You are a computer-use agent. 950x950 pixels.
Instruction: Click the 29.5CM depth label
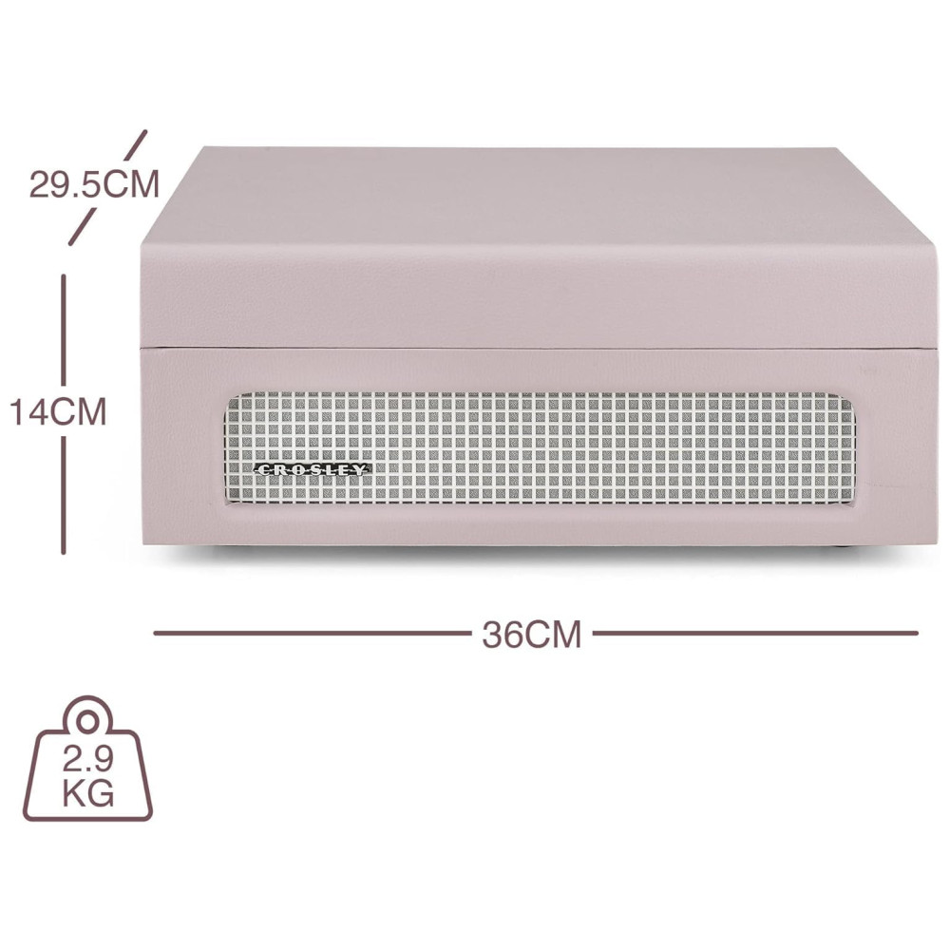94,184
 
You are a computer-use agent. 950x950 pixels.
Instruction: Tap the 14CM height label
58,412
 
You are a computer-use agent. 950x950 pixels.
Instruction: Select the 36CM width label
531,635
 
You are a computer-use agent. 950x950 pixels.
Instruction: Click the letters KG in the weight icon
87,792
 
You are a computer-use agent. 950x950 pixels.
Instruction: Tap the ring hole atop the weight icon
87,721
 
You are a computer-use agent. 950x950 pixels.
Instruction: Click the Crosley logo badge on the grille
311,469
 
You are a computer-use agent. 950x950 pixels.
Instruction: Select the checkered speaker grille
541,447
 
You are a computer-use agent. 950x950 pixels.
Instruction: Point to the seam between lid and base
540,349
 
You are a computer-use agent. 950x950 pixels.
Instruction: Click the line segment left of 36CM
312,633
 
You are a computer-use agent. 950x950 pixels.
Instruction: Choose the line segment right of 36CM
755,633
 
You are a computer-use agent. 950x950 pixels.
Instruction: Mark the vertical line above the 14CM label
64,331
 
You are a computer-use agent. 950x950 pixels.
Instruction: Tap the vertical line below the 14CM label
64,496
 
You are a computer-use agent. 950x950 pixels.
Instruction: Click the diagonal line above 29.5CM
135,146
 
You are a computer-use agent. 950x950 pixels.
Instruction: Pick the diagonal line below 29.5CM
83,227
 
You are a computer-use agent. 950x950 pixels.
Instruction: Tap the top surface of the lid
540,194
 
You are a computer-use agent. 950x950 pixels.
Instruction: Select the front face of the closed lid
540,295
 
